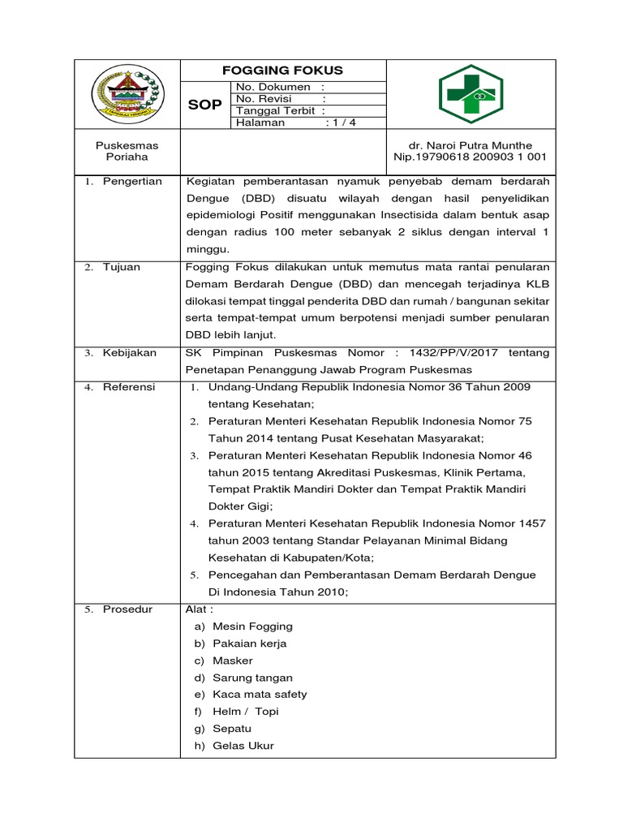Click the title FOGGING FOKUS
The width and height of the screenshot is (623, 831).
click(283, 71)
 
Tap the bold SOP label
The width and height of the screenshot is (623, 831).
click(204, 105)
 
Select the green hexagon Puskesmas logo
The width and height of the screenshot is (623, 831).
click(470, 93)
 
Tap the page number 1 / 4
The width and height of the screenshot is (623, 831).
click(341, 123)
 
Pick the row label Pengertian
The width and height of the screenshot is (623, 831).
click(132, 182)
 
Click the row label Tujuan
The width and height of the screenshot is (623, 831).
click(122, 267)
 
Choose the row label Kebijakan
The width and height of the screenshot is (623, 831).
click(130, 353)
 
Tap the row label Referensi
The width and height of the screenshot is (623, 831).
click(129, 387)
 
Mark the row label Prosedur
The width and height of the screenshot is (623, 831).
click(127, 609)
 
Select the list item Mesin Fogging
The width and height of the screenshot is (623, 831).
click(252, 626)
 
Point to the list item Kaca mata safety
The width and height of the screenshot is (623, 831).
click(260, 695)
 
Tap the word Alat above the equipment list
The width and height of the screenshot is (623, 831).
click(199, 609)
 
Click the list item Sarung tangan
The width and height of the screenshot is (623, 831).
click(252, 678)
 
